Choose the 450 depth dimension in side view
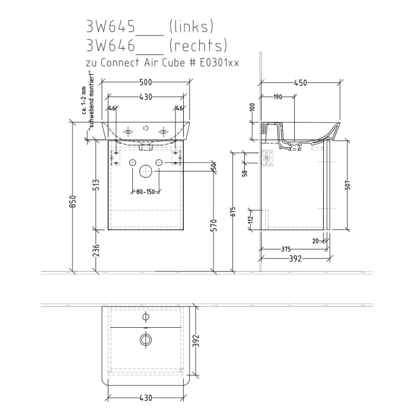click(300, 83)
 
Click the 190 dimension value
click(278, 97)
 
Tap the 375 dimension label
click(286, 249)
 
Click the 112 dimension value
click(251, 219)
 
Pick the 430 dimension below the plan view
click(146, 398)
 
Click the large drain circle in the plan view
click(146, 340)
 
